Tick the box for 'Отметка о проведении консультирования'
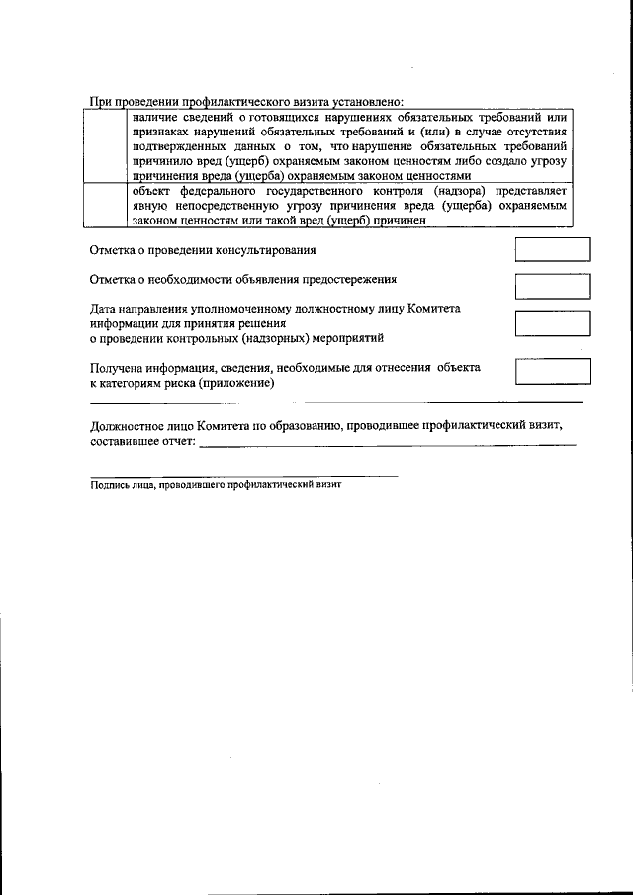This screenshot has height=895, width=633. (x=553, y=249)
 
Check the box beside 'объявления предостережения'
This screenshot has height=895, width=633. (x=553, y=286)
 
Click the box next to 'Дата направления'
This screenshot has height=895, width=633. (x=553, y=322)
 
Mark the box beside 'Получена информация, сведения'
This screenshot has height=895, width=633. (x=553, y=371)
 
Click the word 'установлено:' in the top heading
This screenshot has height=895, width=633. (x=368, y=101)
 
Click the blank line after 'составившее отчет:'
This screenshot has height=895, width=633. (x=386, y=444)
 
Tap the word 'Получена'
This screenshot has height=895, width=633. (x=117, y=367)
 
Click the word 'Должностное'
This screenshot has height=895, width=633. (x=128, y=426)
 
